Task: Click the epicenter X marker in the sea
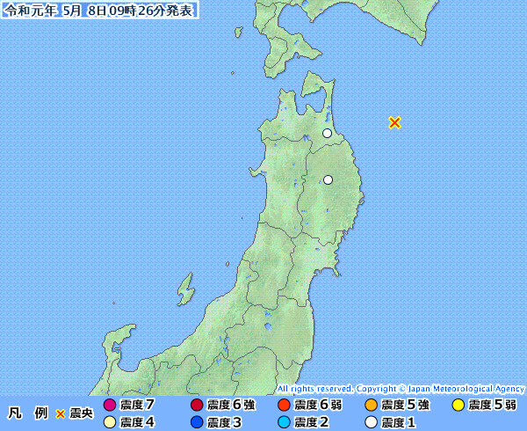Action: coord(394,122)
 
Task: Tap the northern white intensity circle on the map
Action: coord(327,134)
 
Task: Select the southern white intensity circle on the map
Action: coord(328,179)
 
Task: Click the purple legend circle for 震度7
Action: coord(110,405)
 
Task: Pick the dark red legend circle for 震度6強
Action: coord(197,405)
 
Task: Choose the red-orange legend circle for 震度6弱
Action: coord(283,405)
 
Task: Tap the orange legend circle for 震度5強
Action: coord(371,405)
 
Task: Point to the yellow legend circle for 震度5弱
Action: coord(457,405)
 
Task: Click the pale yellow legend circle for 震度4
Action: coord(110,422)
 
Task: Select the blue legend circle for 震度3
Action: coord(197,422)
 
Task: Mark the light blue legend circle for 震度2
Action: coord(283,422)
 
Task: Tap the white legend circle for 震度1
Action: coord(371,422)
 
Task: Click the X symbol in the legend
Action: coord(61,413)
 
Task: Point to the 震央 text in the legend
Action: coord(81,413)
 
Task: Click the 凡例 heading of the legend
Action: coord(27,413)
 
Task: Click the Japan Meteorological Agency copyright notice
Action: coord(401,388)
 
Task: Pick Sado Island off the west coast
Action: coord(184,289)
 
